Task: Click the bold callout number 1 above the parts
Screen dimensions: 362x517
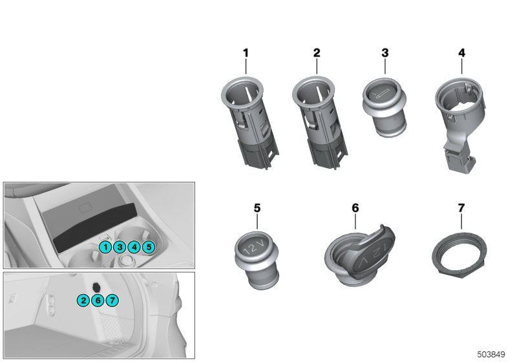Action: (x=246, y=52)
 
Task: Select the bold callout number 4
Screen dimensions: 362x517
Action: (x=461, y=52)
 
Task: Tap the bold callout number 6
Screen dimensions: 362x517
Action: (x=355, y=208)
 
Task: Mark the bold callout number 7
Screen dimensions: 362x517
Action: (x=461, y=208)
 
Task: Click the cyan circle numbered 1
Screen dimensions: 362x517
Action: (x=105, y=246)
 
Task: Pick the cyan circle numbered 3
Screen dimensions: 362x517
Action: (x=119, y=246)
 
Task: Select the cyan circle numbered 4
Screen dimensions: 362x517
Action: (x=134, y=246)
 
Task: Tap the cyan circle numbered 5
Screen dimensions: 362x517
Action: (x=148, y=246)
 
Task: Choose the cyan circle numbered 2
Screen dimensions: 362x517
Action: (x=83, y=300)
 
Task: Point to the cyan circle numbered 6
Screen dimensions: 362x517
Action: (x=97, y=300)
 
